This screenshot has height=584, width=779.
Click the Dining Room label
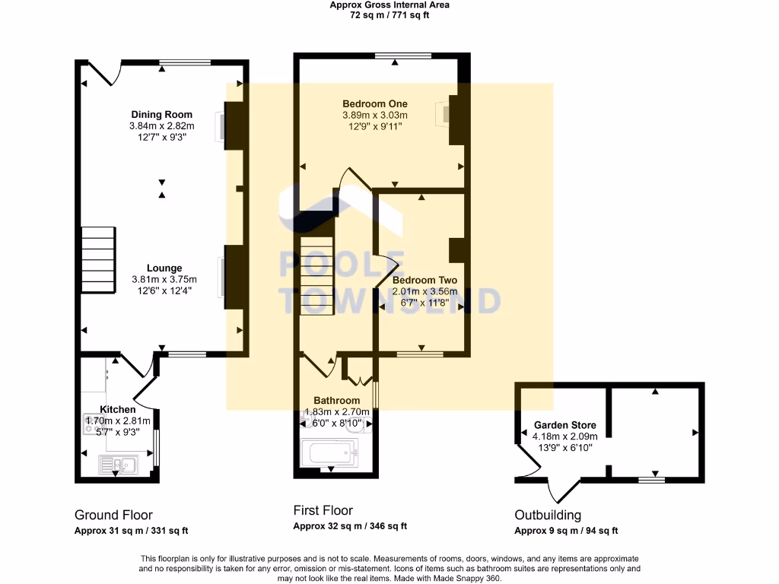[161, 115]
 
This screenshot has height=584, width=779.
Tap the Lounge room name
[164, 268]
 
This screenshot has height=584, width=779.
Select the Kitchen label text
[117, 409]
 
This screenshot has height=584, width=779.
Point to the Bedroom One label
[374, 103]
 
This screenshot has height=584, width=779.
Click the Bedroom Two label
[424, 280]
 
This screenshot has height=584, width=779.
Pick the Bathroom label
[336, 401]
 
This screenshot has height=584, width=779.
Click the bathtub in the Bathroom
[330, 454]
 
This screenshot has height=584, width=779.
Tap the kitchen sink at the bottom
[117, 463]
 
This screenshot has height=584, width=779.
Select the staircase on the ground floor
[97, 259]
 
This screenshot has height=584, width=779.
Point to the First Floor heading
[323, 510]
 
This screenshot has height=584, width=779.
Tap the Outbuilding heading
[548, 515]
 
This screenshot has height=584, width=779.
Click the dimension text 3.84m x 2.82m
[161, 126]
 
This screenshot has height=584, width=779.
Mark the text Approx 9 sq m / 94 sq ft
[566, 531]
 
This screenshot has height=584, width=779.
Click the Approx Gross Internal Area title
[389, 5]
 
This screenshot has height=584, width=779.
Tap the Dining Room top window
[185, 62]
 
